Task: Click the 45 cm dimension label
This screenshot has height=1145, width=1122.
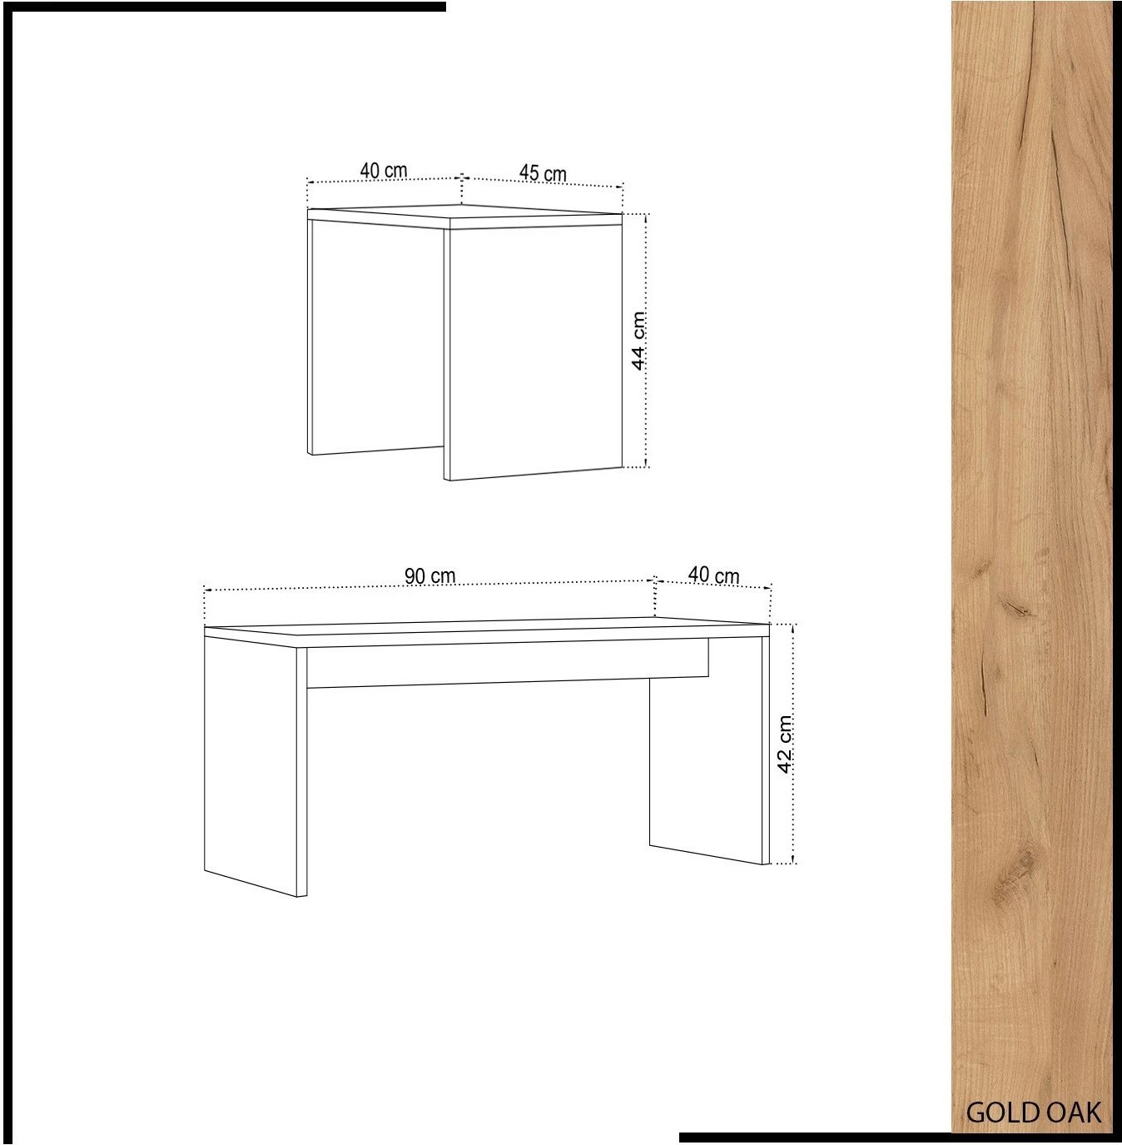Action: (x=543, y=173)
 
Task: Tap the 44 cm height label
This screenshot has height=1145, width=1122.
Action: (x=638, y=341)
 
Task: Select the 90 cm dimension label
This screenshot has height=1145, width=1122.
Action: (x=430, y=575)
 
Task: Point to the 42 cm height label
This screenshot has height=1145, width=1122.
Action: (x=785, y=744)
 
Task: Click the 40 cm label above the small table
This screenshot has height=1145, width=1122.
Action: (x=384, y=171)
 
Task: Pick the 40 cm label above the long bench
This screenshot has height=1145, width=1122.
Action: (x=713, y=575)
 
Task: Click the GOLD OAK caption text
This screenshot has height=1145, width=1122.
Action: (x=1034, y=1113)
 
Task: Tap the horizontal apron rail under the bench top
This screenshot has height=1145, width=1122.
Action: (x=507, y=664)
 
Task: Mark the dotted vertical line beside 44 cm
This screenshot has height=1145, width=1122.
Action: (x=648, y=341)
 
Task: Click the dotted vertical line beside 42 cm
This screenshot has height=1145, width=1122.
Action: (x=794, y=744)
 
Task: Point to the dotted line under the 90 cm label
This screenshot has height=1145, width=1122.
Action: (x=429, y=585)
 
